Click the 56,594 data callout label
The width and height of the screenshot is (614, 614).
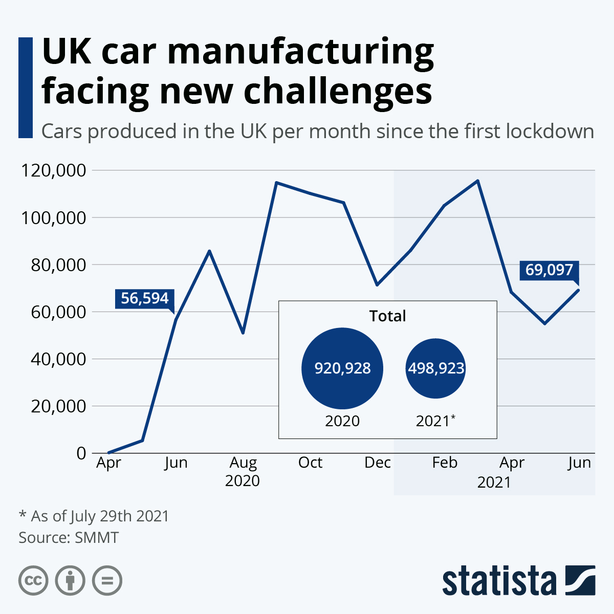pyautogui.click(x=145, y=298)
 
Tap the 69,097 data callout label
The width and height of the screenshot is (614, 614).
pyautogui.click(x=549, y=270)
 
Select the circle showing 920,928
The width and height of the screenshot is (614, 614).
pyautogui.click(x=342, y=368)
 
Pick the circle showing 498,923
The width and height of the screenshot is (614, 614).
pyautogui.click(x=436, y=368)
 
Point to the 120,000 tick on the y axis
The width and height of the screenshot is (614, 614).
pyautogui.click(x=53, y=170)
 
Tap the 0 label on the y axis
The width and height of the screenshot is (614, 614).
pyautogui.click(x=81, y=453)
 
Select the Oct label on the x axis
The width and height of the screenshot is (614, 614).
pyautogui.click(x=310, y=463)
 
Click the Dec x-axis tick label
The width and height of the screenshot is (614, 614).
pyautogui.click(x=378, y=463)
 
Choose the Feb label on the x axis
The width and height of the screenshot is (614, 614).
pyautogui.click(x=445, y=463)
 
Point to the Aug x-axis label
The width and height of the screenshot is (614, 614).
pyautogui.click(x=243, y=463)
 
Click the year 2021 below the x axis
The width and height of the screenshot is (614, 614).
pyautogui.click(x=494, y=483)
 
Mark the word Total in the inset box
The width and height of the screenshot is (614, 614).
pyautogui.click(x=387, y=316)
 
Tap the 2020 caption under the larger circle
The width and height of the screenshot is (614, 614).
pyautogui.click(x=342, y=421)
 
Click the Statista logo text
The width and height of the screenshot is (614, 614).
pyautogui.click(x=499, y=581)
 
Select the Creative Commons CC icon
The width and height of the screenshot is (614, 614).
pyautogui.click(x=33, y=581)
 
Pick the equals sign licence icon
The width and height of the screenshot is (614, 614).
pyautogui.click(x=107, y=581)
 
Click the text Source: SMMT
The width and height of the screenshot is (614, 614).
pyautogui.click(x=69, y=538)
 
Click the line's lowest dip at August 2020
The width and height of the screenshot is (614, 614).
pyautogui.click(x=243, y=333)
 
